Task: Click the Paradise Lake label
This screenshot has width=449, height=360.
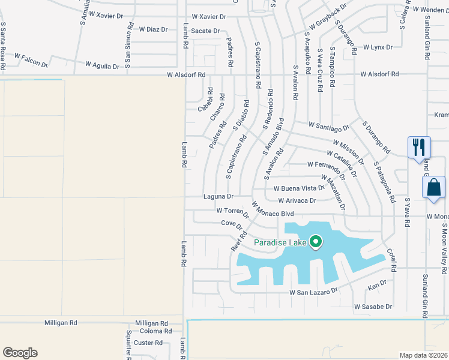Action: pyautogui.click(x=280, y=242)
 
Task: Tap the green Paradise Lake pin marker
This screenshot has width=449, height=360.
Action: pyautogui.click(x=316, y=242)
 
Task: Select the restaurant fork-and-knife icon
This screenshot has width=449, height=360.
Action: pyautogui.click(x=418, y=147)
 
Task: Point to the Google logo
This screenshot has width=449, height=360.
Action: pyautogui.click(x=20, y=352)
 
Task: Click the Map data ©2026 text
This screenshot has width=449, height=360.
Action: pyautogui.click(x=423, y=355)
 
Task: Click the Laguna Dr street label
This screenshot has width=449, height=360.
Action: pyautogui.click(x=218, y=196)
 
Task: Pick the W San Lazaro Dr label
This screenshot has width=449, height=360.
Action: pyautogui.click(x=314, y=292)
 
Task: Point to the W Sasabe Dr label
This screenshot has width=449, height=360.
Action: pyautogui.click(x=373, y=307)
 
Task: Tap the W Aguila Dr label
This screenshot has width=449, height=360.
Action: pyautogui.click(x=102, y=65)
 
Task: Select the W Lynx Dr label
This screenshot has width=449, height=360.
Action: pyautogui.click(x=378, y=47)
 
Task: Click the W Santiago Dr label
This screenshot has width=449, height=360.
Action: pyautogui.click(x=329, y=126)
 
